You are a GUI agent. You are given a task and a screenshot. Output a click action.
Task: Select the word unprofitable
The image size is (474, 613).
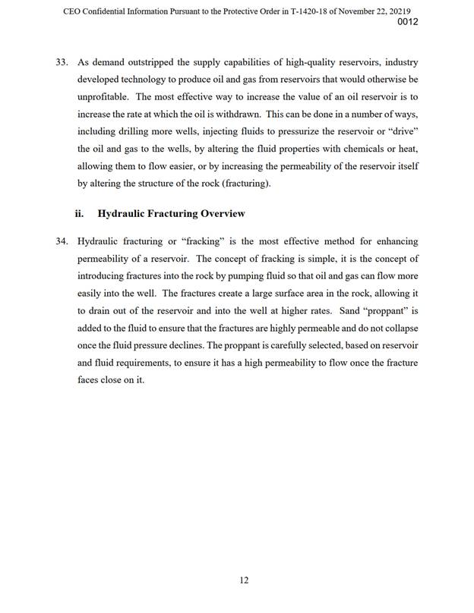pos(105,97)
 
